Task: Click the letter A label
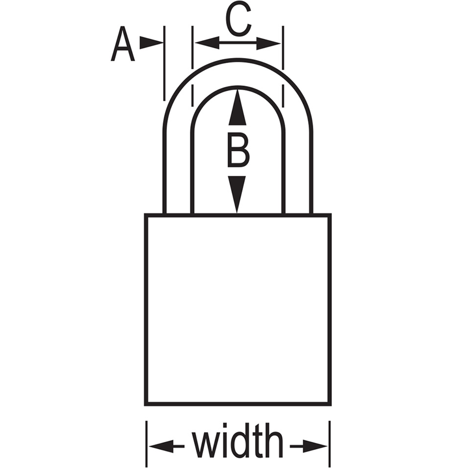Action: [123, 44]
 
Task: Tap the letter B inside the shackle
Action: [238, 150]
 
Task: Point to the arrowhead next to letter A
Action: [151, 43]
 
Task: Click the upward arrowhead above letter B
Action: [237, 107]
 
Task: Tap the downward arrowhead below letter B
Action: [237, 194]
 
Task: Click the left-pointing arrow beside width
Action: [167, 446]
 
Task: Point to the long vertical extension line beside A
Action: [164, 63]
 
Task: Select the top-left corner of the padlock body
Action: [146, 215]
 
